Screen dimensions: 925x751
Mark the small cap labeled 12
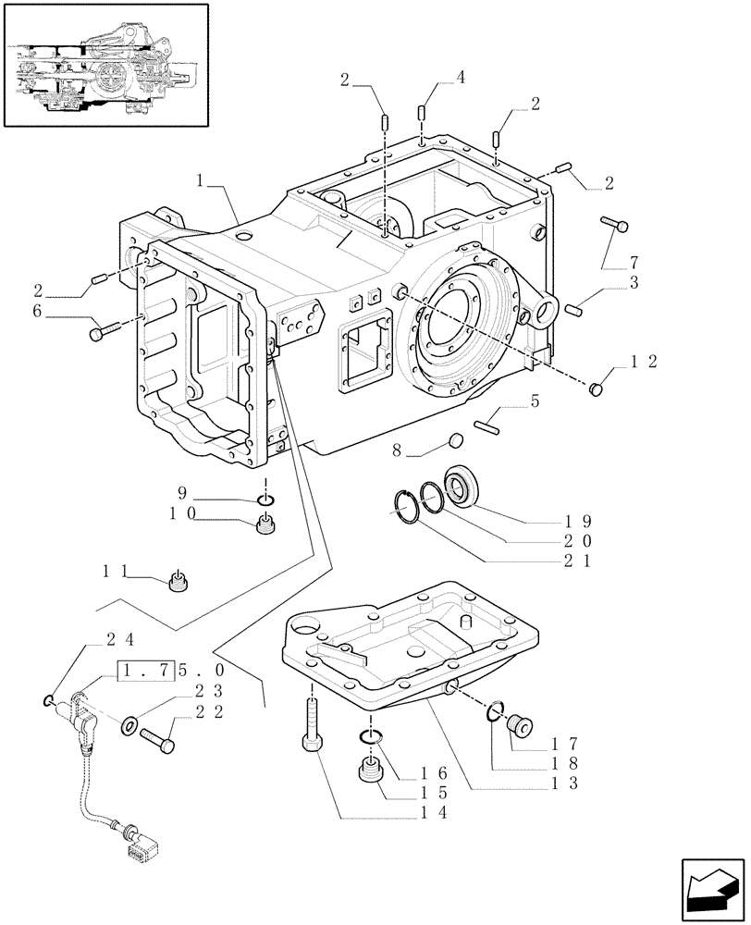click(597, 391)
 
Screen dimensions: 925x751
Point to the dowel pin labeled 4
click(421, 113)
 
